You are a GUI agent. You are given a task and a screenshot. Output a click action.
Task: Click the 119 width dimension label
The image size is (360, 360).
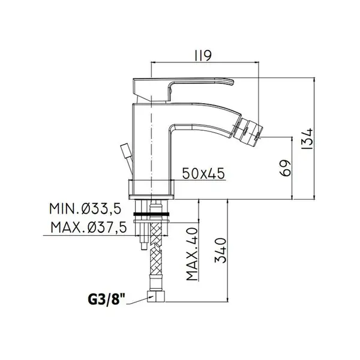click(x=203, y=56)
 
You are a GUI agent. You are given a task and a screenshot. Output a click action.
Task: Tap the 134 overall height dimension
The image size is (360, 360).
click(x=307, y=139)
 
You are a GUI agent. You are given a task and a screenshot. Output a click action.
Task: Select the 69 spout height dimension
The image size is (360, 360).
click(x=286, y=168)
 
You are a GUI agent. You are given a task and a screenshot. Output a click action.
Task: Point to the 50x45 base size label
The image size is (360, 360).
click(x=203, y=173)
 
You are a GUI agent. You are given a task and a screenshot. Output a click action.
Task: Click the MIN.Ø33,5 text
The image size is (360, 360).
click(x=85, y=209)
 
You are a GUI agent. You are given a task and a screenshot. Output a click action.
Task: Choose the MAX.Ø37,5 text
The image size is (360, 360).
click(x=89, y=227)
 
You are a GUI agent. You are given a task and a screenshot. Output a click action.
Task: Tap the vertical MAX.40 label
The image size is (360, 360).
click(x=192, y=254)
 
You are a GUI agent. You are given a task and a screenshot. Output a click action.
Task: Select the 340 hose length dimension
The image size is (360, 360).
click(x=221, y=250)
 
